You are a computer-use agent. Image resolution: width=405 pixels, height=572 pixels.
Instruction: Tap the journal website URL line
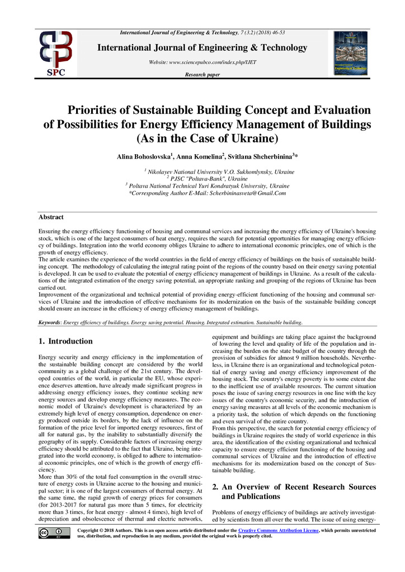(x=202, y=62)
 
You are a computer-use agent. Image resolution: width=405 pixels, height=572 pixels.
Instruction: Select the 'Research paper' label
(x=202, y=74)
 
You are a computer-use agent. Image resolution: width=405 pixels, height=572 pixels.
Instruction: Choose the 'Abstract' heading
(x=51, y=217)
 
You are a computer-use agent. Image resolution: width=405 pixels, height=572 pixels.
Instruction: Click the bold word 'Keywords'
(x=49, y=322)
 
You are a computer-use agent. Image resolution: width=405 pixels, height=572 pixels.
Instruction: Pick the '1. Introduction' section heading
(x=65, y=341)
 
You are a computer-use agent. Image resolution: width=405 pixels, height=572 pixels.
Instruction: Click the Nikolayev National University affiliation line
(x=219, y=171)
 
